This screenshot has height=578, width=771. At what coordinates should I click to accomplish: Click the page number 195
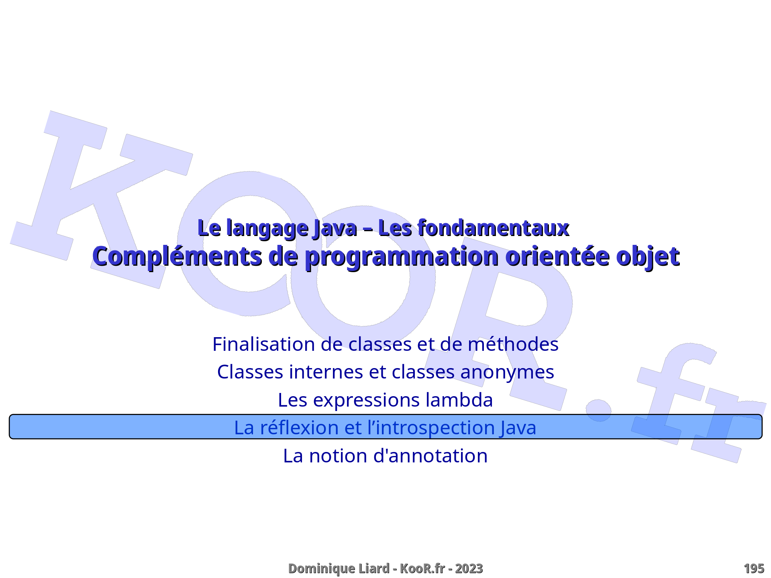pos(754,568)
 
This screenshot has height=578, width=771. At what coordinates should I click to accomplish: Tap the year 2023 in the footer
pos(469,568)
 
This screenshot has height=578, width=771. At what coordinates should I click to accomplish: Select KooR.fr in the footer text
pos(422,568)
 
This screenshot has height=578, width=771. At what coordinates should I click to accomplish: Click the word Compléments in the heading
pos(177,257)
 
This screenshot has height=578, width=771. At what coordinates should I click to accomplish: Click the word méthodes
pos(513,344)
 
